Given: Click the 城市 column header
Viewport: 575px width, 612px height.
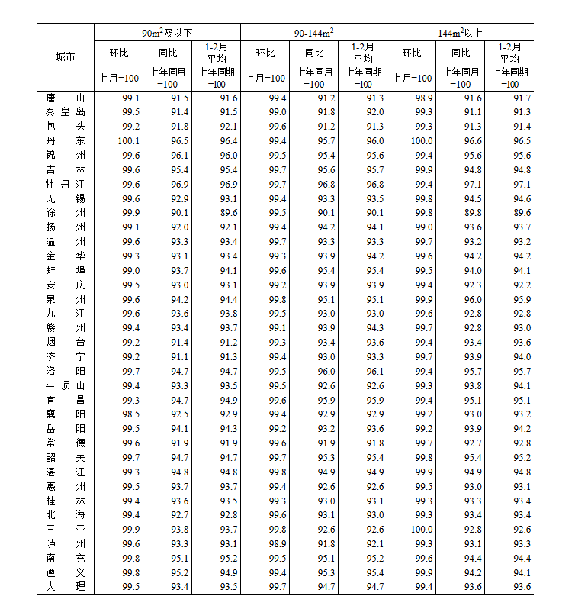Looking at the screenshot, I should click(66, 56).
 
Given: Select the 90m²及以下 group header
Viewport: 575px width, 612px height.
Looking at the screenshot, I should click(167, 33).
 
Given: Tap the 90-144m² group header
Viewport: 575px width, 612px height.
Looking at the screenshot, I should click(313, 33).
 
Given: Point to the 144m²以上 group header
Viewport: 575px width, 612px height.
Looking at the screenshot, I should click(460, 33).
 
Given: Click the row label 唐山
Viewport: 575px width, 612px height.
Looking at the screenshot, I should click(66, 98).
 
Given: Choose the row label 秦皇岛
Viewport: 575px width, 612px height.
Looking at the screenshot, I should click(66, 112).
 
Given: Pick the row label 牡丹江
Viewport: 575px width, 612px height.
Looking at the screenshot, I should click(66, 184).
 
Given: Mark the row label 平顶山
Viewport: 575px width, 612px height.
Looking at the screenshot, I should click(66, 385).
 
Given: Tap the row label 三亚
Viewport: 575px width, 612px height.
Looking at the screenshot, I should click(66, 529).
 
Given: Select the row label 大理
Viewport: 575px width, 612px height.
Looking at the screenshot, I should click(66, 586).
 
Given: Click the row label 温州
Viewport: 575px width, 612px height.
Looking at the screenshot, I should click(66, 242).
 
